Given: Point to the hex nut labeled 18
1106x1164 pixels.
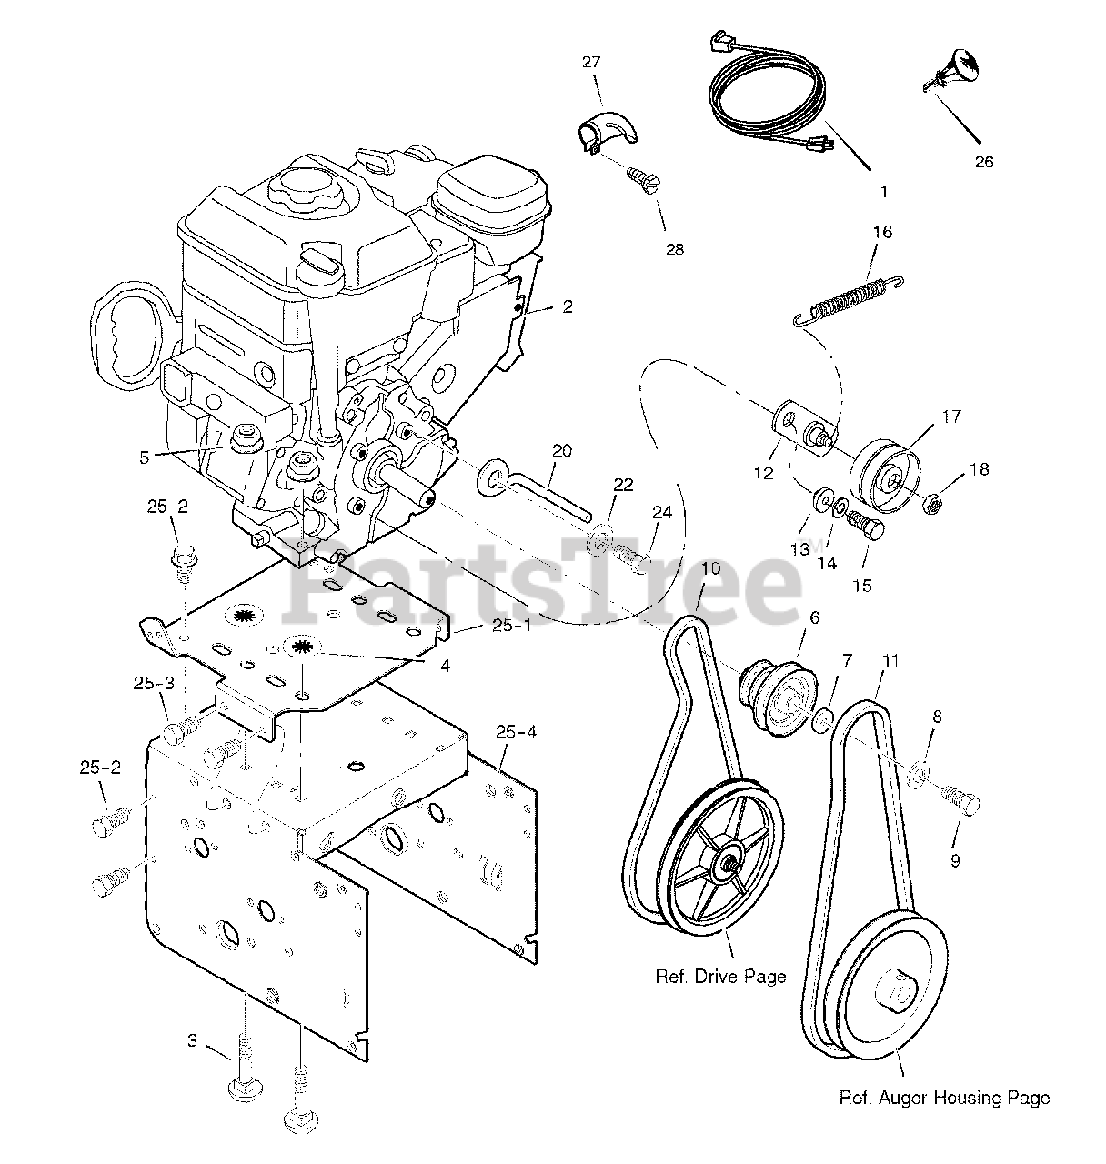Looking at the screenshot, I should [x=932, y=501].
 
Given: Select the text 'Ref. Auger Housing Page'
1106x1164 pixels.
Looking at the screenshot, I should [x=943, y=1098].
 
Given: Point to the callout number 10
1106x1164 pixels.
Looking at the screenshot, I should [x=710, y=568].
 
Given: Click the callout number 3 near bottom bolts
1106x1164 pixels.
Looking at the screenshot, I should [x=192, y=1040].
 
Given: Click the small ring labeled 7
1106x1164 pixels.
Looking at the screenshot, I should [x=821, y=720].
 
